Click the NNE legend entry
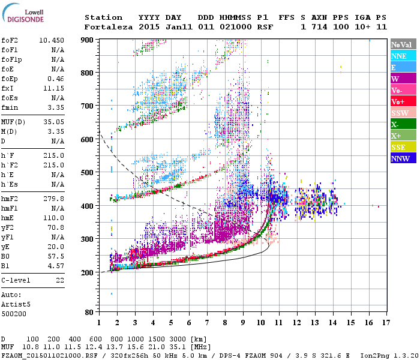pyautogui.click(x=399, y=56)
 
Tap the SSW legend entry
pyautogui.click(x=400, y=113)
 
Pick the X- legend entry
pyautogui.click(x=396, y=124)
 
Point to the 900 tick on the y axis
pyautogui.click(x=88, y=40)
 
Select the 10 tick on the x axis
pyautogui.click(x=260, y=322)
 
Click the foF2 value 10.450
pyautogui.click(x=52, y=40)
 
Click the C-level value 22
pyautogui.click(x=59, y=280)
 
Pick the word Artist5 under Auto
pyautogui.click(x=14, y=304)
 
